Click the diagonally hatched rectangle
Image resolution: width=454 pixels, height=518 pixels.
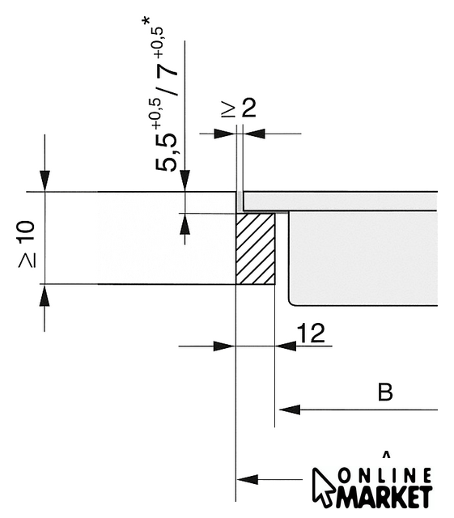click(x=255, y=248)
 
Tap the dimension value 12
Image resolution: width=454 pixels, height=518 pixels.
click(x=311, y=333)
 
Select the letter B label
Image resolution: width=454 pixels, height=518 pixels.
click(x=385, y=392)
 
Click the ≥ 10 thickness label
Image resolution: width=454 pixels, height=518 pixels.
click(x=27, y=244)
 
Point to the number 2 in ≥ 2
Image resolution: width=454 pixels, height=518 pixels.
click(x=248, y=108)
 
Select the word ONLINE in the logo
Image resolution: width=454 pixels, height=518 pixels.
click(x=384, y=477)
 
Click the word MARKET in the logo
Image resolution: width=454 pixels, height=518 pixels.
click(x=384, y=496)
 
